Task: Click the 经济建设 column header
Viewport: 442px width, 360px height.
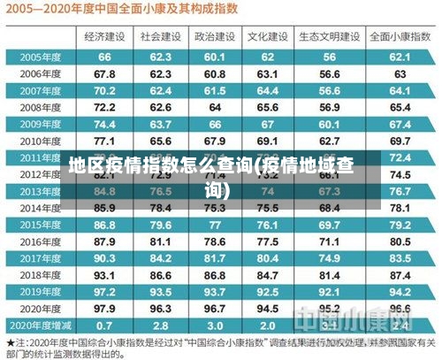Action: pyautogui.click(x=104, y=37)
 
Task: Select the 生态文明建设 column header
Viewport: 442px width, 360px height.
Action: pyautogui.click(x=329, y=37)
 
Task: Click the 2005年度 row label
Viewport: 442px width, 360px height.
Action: pyautogui.click(x=39, y=57)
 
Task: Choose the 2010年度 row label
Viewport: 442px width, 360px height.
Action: pyautogui.click(x=39, y=141)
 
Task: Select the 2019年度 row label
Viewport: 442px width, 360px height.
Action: pyautogui.click(x=39, y=291)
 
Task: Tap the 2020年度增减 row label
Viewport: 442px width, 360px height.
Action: pyautogui.click(x=39, y=325)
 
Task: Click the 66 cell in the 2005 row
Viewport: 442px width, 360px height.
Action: pyautogui.click(x=104, y=57)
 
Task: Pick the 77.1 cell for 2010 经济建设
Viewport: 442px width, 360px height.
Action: pyautogui.click(x=104, y=141)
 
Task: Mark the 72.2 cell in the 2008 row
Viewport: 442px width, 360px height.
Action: pyautogui.click(x=104, y=107)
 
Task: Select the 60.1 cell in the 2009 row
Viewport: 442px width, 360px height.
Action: pyautogui.click(x=329, y=124)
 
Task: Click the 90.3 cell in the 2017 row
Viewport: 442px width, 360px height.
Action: pyautogui.click(x=104, y=257)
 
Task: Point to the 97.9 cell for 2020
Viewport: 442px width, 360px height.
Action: pyautogui.click(x=104, y=308)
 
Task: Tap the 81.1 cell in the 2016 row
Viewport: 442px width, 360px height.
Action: pyautogui.click(x=160, y=241)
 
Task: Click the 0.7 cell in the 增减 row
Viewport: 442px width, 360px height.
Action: pyautogui.click(x=104, y=325)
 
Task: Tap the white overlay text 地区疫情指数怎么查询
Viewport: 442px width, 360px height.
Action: pyautogui.click(x=221, y=173)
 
